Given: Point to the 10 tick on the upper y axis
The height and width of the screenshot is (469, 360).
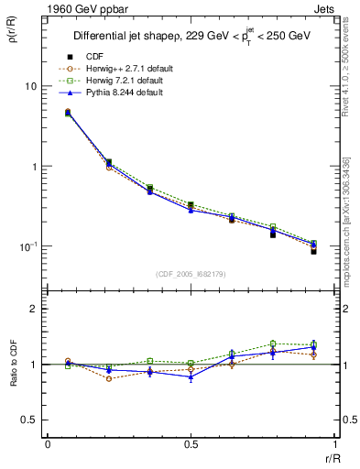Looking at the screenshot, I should click(x=30, y=86).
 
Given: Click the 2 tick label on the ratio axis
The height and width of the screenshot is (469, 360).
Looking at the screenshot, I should click(x=35, y=309).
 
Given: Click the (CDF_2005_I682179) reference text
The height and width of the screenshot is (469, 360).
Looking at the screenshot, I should click(x=191, y=274).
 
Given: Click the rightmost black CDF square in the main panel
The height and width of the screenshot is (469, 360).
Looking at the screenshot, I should click(x=313, y=251).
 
